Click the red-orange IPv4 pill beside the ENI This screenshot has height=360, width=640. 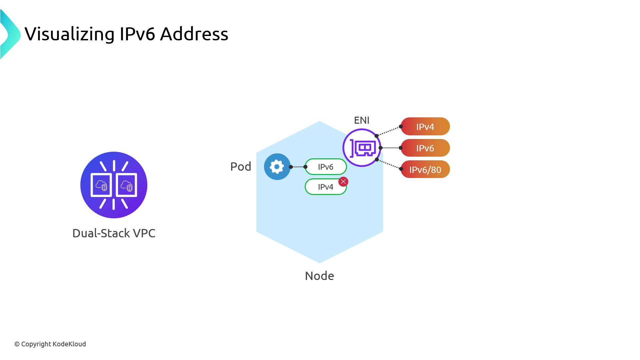pos(425,127)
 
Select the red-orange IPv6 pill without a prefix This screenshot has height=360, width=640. pos(425,148)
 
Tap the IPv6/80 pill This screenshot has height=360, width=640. pos(425,170)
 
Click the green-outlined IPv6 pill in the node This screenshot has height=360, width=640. pos(325,167)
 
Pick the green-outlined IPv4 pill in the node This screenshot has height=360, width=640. pos(323,187)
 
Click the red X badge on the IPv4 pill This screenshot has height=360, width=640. pos(343,182)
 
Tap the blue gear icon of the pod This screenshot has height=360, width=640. pos(277,167)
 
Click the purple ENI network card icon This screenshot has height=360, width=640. pos(362,148)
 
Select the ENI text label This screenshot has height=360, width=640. pos(362,120)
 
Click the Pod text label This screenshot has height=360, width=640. pos(241,166)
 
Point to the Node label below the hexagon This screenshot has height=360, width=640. pos(319,276)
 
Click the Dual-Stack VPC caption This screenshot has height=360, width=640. pos(114,233)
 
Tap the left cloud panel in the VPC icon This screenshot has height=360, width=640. pos(101,185)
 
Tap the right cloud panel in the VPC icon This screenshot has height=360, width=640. pos(126,185)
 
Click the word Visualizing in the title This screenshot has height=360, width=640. pos(69,34)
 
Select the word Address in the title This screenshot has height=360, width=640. pos(194,34)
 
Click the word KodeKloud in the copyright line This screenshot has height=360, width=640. pos(69,344)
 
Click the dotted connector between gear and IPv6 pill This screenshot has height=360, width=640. pos(298,167)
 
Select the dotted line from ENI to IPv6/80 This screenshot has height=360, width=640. pos(389,164)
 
